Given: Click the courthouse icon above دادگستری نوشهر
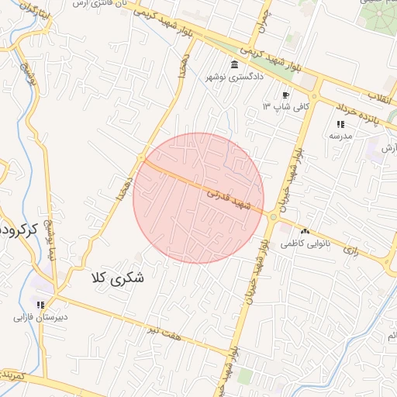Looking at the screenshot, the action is [234, 64].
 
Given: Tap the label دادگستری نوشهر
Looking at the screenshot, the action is [234, 77].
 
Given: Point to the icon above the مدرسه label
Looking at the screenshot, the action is [340, 124].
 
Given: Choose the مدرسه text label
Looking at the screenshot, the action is [340, 136].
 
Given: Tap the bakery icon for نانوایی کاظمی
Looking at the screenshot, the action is [305, 231].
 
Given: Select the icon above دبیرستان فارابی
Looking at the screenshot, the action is [40, 305].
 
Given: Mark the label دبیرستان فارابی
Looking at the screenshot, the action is [40, 317].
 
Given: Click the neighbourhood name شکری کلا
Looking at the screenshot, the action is [118, 277].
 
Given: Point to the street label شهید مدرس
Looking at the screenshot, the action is [230, 200].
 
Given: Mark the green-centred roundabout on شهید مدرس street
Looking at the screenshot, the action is [273, 217].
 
